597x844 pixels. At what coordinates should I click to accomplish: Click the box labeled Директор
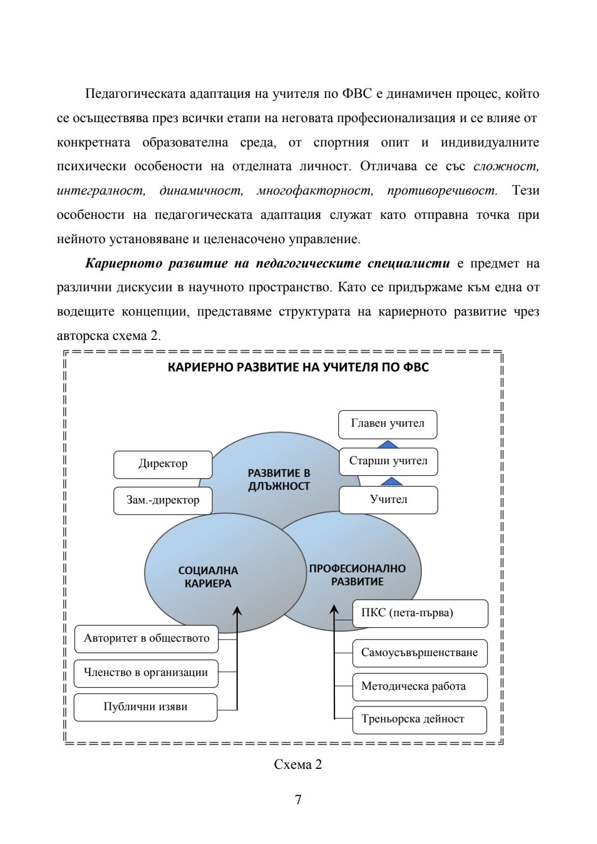[x=163, y=464]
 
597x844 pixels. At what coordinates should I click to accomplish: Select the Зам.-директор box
[x=163, y=500]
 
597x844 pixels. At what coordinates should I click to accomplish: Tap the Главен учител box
[x=387, y=424]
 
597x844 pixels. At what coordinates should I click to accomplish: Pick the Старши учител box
[x=388, y=462]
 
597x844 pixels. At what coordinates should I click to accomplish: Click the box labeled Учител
[x=388, y=500]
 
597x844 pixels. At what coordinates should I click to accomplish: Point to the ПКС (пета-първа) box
[x=420, y=613]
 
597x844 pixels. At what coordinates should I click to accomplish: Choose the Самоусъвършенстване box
[x=420, y=653]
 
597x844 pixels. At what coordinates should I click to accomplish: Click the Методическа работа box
[x=420, y=686]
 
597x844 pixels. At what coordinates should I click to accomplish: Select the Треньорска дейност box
[x=420, y=720]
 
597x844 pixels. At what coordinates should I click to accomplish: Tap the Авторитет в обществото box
[x=146, y=639]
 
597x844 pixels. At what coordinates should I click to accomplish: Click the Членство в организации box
[x=146, y=673]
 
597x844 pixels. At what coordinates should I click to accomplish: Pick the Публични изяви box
[x=145, y=707]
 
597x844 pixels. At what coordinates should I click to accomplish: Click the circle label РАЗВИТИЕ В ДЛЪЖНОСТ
[x=279, y=480]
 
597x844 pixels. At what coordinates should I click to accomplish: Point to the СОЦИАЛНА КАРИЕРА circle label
[x=208, y=577]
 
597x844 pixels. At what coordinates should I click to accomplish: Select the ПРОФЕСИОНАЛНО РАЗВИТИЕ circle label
[x=357, y=575]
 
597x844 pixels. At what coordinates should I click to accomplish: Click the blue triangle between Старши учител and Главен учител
[x=388, y=444]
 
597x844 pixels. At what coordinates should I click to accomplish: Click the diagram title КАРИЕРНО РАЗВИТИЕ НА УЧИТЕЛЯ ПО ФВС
[x=298, y=368]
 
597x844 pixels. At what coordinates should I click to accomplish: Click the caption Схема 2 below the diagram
[x=298, y=764]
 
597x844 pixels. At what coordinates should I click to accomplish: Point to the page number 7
[x=298, y=800]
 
